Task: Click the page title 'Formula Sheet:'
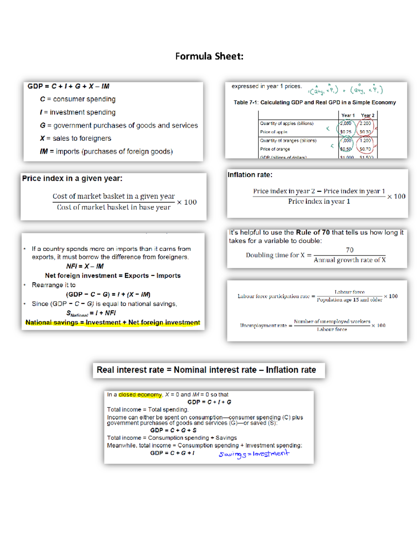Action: tap(209, 56)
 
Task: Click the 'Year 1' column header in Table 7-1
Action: tap(348, 115)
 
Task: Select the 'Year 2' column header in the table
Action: tap(367, 115)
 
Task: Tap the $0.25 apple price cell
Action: tap(346, 132)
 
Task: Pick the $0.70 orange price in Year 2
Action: tap(365, 149)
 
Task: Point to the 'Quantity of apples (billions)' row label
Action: tap(286, 123)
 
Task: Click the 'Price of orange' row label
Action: tap(275, 149)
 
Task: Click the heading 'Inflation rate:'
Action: tap(250, 175)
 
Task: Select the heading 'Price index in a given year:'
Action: tap(72, 178)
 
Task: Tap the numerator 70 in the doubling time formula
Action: tap(350, 250)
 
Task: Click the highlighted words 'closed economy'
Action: tap(140, 395)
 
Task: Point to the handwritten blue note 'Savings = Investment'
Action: tap(254, 454)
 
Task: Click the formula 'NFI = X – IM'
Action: tap(85, 266)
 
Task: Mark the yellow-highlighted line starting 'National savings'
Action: tap(113, 323)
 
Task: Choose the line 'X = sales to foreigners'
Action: tap(76, 138)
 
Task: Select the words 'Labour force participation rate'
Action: tap(273, 296)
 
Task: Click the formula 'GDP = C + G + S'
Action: tap(173, 430)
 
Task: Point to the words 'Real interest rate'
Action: tap(130, 370)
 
